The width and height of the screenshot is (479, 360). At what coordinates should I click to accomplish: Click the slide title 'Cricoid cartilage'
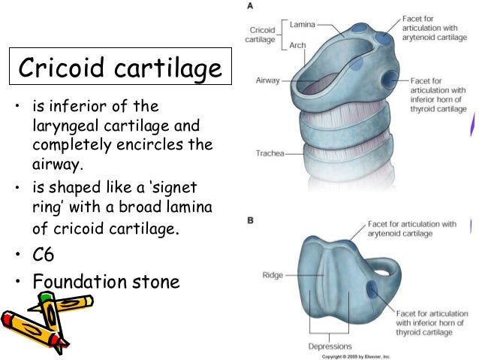click(121, 70)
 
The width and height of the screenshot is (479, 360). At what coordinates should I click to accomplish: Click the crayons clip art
click(47, 319)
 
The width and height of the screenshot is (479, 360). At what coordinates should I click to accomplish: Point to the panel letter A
click(249, 5)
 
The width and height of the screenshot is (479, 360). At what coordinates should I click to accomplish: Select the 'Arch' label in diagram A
click(297, 45)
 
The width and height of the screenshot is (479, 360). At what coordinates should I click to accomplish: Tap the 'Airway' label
click(267, 78)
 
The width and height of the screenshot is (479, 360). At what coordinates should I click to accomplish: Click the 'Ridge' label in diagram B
click(273, 274)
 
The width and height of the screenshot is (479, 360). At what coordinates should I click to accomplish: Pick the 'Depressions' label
click(330, 346)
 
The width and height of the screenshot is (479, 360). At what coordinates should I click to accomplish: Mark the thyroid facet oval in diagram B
click(372, 289)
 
